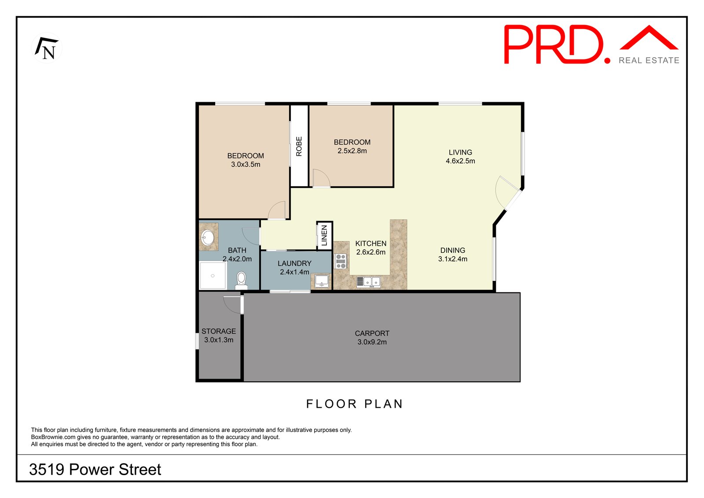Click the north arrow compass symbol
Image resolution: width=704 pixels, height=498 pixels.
tap(47, 48)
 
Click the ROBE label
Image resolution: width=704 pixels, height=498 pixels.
tap(299, 146)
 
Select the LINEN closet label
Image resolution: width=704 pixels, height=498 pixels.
tap(324, 235)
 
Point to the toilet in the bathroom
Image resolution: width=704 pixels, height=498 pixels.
tap(241, 280)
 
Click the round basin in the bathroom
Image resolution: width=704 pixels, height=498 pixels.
tap(207, 237)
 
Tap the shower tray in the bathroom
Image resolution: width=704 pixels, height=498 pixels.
tap(213, 275)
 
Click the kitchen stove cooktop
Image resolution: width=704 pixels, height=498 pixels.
tap(341, 261)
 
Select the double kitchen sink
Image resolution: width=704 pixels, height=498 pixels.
tap(368, 281)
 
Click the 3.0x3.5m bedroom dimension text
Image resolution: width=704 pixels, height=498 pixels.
tap(246, 164)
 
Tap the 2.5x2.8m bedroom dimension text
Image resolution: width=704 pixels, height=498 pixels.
tap(352, 151)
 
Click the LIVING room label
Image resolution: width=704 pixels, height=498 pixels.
tap(460, 152)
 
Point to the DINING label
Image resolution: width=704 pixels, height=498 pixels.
tap(453, 251)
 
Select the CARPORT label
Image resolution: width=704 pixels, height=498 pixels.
tap(372, 333)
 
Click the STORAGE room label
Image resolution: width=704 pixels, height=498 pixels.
tap(219, 331)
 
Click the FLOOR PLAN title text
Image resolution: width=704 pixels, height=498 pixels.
tap(355, 404)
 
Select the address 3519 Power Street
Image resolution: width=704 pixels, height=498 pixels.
tap(95, 469)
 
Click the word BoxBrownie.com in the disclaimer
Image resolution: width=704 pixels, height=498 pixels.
tap(53, 437)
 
